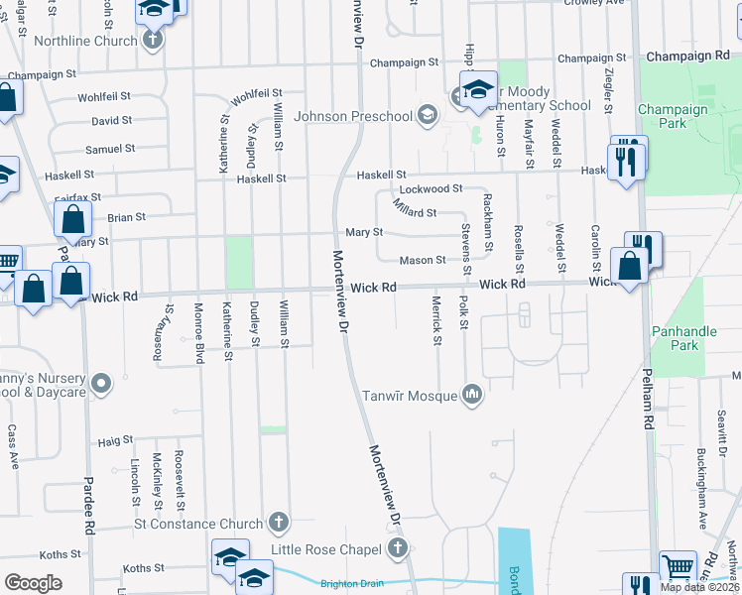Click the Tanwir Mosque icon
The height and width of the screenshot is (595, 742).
472,396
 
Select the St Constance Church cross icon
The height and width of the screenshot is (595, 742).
279,523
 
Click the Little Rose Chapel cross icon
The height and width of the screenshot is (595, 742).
397,548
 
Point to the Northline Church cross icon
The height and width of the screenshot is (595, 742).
152,41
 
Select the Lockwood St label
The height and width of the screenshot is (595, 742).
431,188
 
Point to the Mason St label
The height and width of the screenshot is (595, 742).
423,261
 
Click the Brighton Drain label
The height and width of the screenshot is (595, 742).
352,584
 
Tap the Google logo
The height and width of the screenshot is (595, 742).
33,583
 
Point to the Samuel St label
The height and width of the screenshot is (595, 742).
110,149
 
